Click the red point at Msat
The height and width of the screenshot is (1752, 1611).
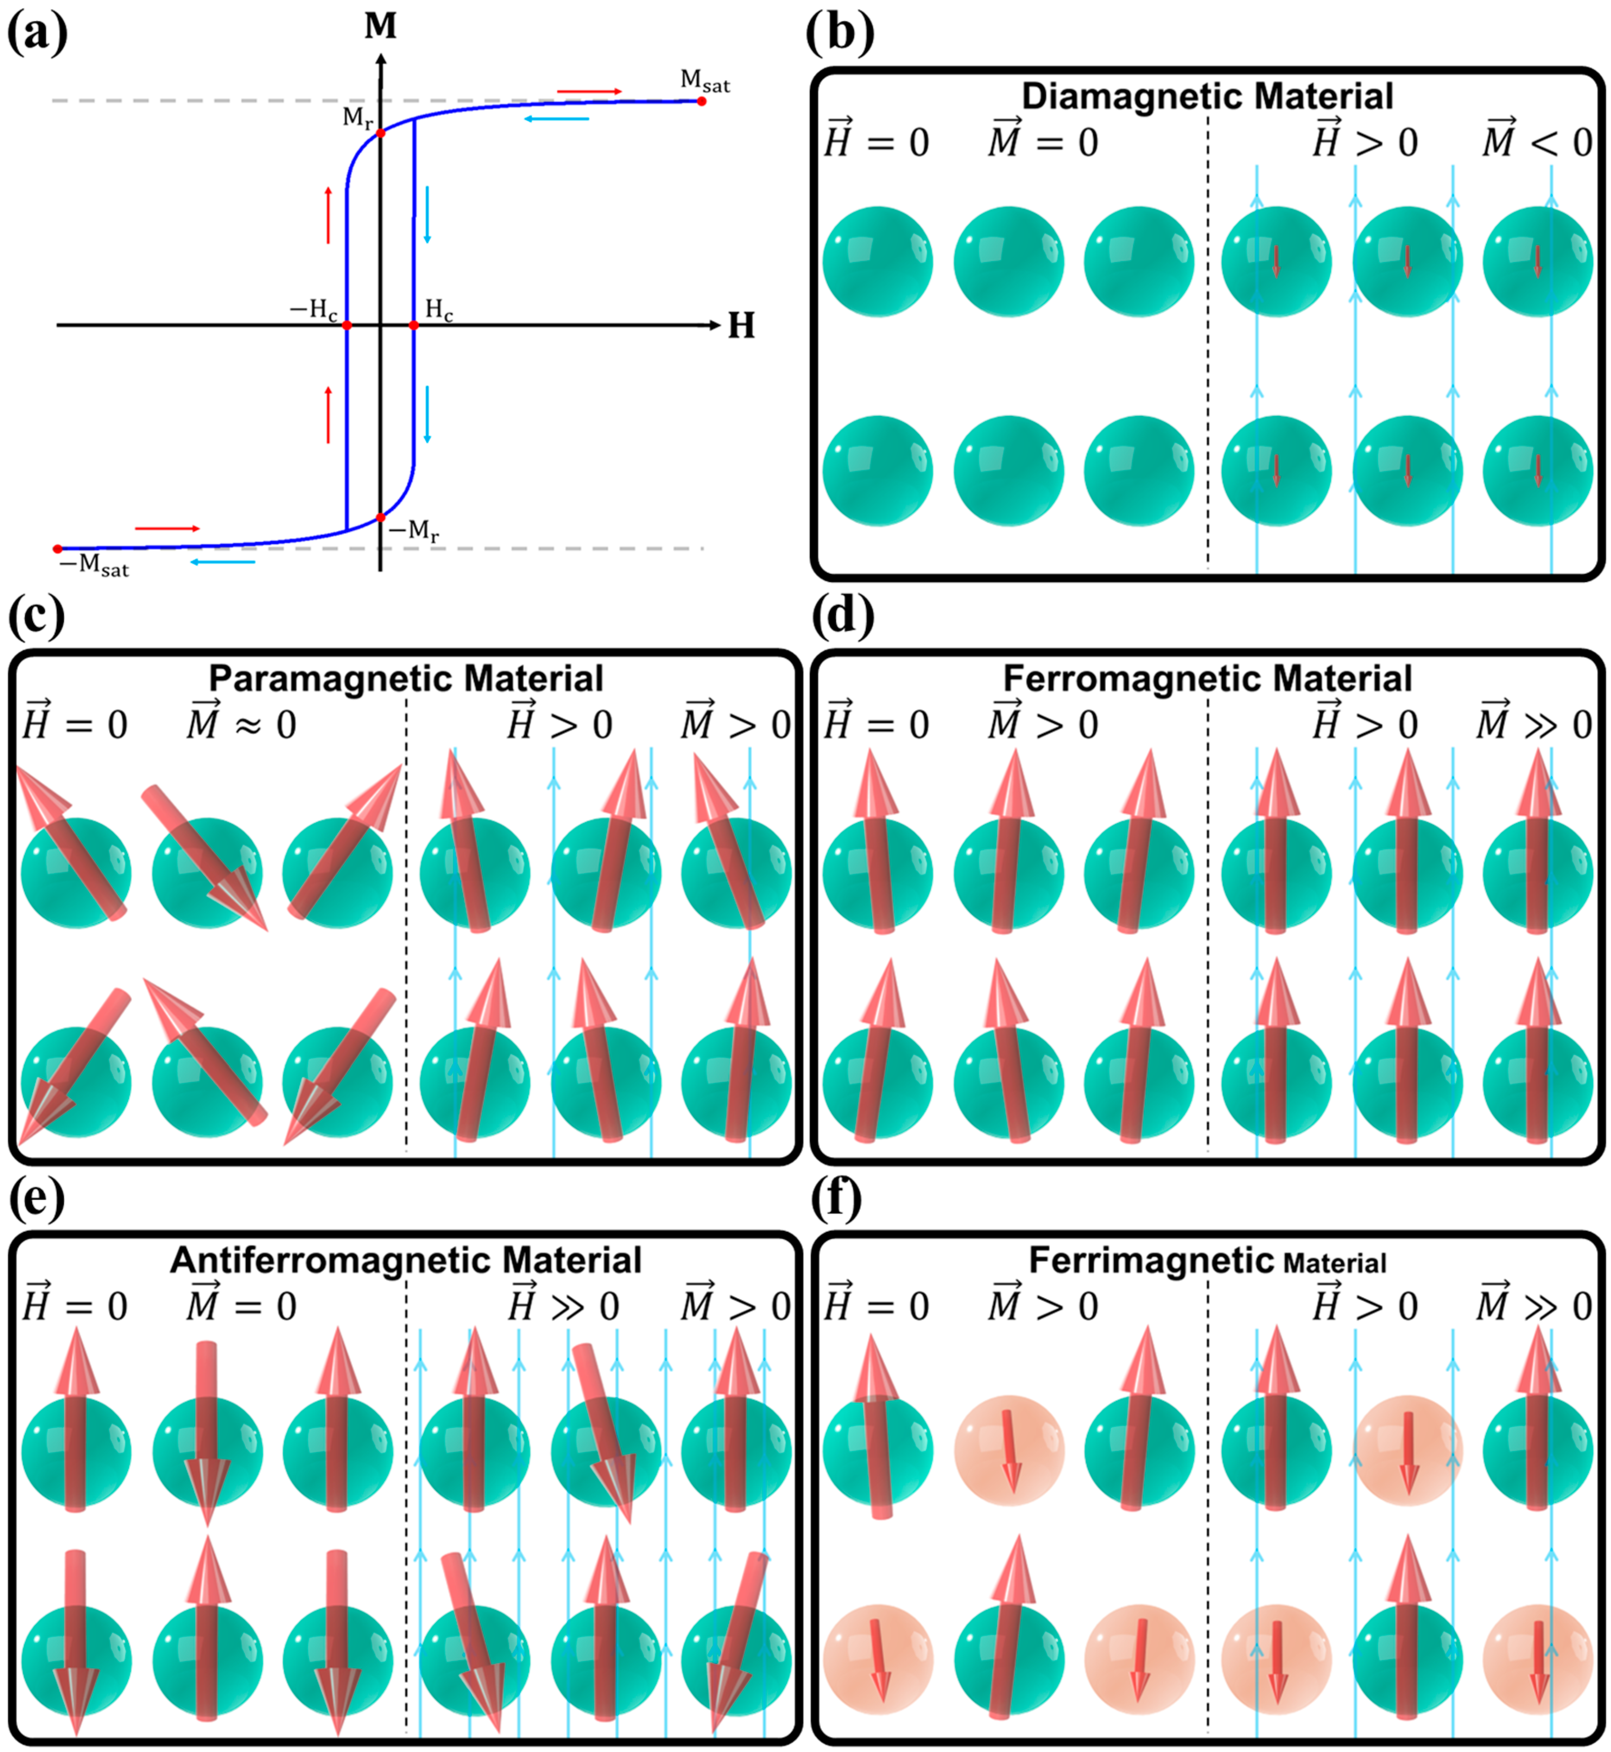[702, 101]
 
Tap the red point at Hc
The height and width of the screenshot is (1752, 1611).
[414, 325]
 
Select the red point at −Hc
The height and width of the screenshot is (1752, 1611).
[347, 325]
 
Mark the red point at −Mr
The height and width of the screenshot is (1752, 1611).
[381, 518]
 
